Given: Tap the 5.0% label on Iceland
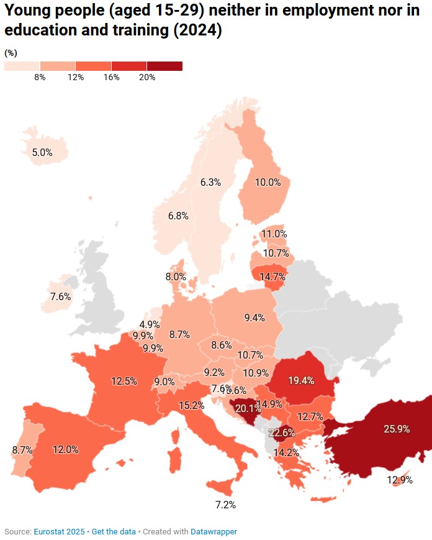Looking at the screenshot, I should click(42, 152).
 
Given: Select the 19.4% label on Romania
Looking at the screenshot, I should click(301, 380).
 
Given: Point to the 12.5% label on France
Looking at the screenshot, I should click(124, 381).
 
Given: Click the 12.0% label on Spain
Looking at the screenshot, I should click(65, 449).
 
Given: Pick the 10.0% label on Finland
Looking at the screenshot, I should click(268, 182).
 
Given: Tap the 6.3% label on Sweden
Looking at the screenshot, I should click(211, 182).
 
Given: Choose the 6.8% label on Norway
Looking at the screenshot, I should click(178, 216).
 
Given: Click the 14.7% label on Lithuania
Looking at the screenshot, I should click(272, 277).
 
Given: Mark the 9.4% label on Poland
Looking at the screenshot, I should click(254, 318).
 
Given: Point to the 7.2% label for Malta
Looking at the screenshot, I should click(225, 505).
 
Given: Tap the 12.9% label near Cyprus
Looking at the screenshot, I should click(400, 479).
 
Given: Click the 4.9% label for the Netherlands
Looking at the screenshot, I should click(150, 324).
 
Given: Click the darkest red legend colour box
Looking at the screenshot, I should click(164, 66).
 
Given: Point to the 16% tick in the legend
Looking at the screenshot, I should click(111, 77).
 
